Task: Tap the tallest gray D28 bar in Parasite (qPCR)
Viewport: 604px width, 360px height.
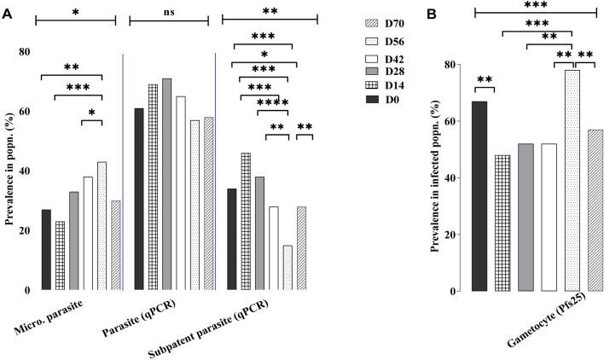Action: (x=166, y=183)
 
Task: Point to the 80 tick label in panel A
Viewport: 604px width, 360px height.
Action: (x=24, y=51)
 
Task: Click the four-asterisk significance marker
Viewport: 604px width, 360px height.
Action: (x=273, y=102)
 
